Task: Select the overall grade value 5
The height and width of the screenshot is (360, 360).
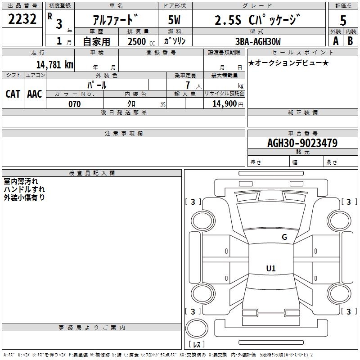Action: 343,21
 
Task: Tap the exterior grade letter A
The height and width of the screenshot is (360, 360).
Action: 336,40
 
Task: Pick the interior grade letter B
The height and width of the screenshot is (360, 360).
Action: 351,40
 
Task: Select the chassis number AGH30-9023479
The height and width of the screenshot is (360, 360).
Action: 302,143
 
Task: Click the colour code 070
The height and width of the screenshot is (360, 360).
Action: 75,104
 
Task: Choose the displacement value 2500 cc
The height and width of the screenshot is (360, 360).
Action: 140,41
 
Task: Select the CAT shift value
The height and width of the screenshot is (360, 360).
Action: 13,94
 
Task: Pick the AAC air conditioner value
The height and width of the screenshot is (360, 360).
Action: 35,94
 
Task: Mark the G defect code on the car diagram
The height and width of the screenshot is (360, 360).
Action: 284,237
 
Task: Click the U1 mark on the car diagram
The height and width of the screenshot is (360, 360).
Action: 271,269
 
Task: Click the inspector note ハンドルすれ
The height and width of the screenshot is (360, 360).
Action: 24,189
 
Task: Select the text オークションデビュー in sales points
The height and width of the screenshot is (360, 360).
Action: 289,63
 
